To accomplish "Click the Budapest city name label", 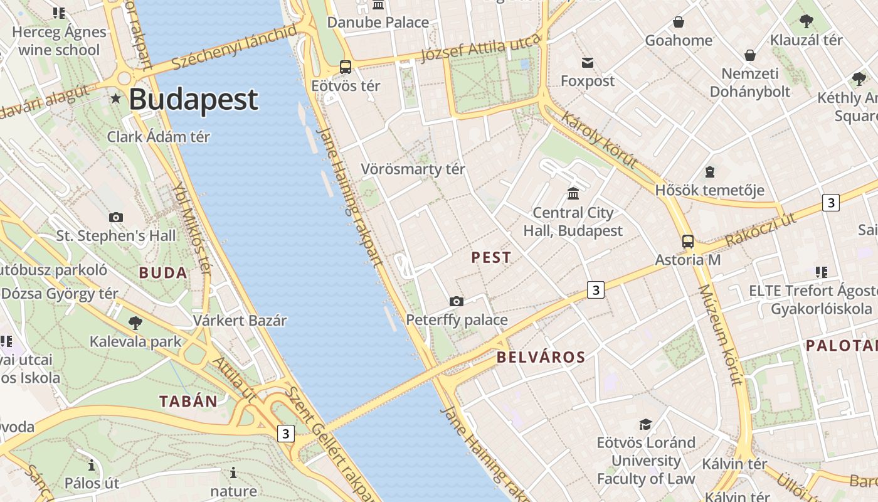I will click(193, 100).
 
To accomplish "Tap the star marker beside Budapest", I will click(116, 99).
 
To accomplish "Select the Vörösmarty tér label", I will click(413, 169).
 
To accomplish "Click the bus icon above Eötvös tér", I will click(345, 67).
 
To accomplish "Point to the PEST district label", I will click(491, 257).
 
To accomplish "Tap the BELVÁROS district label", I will click(541, 358).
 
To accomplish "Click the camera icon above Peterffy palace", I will click(457, 301).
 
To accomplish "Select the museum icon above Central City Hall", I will click(573, 193).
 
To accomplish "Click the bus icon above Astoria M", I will click(688, 241).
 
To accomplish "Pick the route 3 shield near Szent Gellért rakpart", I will click(286, 434).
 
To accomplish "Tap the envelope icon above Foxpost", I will click(588, 62).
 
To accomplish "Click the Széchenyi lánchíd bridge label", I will click(233, 48).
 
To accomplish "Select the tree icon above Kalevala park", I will click(135, 323).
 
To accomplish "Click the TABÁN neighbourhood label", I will click(188, 402).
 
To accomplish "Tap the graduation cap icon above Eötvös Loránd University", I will click(645, 424).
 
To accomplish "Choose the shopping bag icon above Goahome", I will click(678, 23).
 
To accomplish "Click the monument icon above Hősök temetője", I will click(709, 171).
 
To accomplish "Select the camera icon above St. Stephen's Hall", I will click(116, 217).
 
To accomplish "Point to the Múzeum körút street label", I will click(720, 335).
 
